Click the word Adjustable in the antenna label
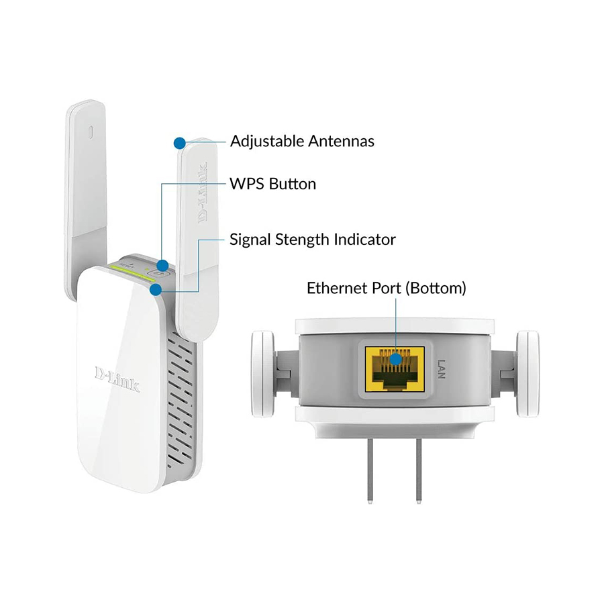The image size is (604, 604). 268,142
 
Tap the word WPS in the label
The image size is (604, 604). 246,183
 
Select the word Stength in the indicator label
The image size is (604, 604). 302,239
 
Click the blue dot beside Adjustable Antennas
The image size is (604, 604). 179,142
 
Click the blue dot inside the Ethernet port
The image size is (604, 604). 397,360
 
